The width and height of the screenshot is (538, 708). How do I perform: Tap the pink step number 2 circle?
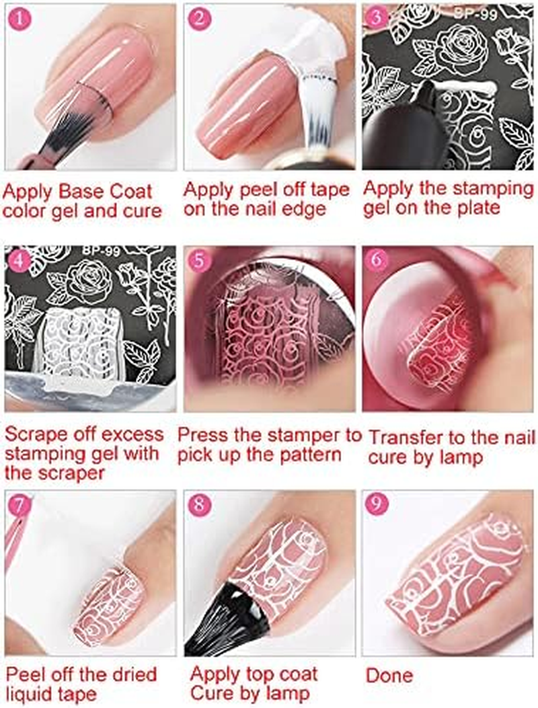click(x=200, y=20)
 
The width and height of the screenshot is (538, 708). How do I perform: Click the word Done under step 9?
click(x=390, y=674)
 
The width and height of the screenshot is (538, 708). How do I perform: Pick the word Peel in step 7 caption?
click(x=24, y=674)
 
